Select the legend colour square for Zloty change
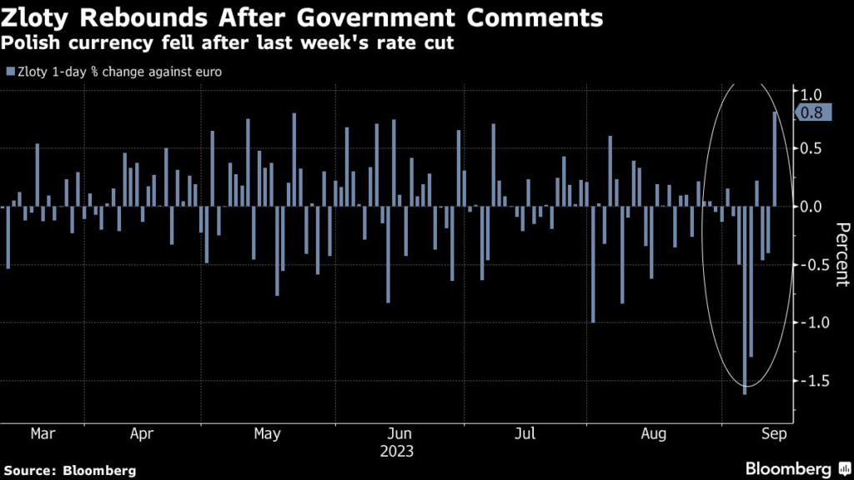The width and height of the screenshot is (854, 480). coord(9,72)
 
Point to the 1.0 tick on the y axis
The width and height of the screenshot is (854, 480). coord(812,93)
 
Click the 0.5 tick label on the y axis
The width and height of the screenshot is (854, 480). coord(812,148)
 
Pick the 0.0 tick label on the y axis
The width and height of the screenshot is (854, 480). coord(812,206)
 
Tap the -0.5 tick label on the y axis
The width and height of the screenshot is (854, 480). coord(809,264)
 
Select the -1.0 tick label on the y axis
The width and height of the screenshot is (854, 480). coord(809,322)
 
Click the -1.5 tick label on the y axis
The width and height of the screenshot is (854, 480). coord(809,381)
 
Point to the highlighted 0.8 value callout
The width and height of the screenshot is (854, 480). coord(813,113)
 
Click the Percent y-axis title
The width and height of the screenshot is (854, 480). coord(841,254)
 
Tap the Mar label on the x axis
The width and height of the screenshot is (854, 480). coord(43,434)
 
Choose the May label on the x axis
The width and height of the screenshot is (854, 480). coord(267,434)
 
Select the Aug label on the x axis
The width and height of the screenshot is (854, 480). coord(655,434)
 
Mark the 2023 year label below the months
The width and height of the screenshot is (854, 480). coord(396,452)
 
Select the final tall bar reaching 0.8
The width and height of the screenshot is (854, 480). coord(776,159)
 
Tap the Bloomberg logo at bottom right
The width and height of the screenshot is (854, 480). coord(788,468)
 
